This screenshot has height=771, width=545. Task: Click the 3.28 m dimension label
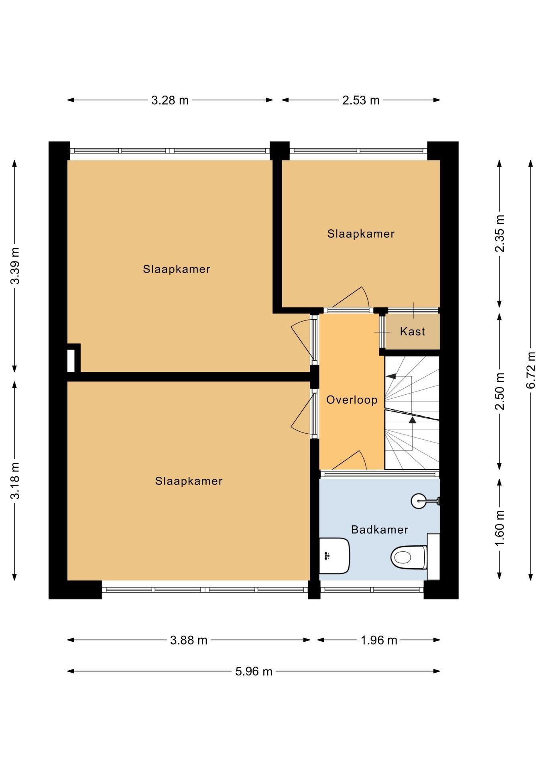(x=170, y=100)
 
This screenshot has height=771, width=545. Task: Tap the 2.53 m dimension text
(x=361, y=100)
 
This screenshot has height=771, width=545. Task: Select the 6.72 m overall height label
(x=531, y=370)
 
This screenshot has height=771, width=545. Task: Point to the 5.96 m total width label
(x=254, y=671)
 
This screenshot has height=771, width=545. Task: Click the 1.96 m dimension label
(x=379, y=640)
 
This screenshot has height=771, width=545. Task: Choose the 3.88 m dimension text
(x=189, y=640)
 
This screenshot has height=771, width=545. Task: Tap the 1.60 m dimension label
(x=500, y=528)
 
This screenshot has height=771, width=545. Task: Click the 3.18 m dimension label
(x=15, y=481)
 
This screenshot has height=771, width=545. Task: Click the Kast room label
(x=413, y=331)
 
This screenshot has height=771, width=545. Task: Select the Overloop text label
(x=352, y=400)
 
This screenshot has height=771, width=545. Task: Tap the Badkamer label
(x=380, y=530)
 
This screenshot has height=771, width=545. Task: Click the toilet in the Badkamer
(x=409, y=557)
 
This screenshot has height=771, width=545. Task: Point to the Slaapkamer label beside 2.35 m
(x=361, y=234)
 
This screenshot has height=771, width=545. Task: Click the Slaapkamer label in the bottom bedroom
(x=189, y=481)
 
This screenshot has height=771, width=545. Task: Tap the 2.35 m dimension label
(x=500, y=233)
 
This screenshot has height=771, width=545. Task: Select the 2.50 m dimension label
(x=500, y=391)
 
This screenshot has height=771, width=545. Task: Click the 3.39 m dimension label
(x=15, y=265)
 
